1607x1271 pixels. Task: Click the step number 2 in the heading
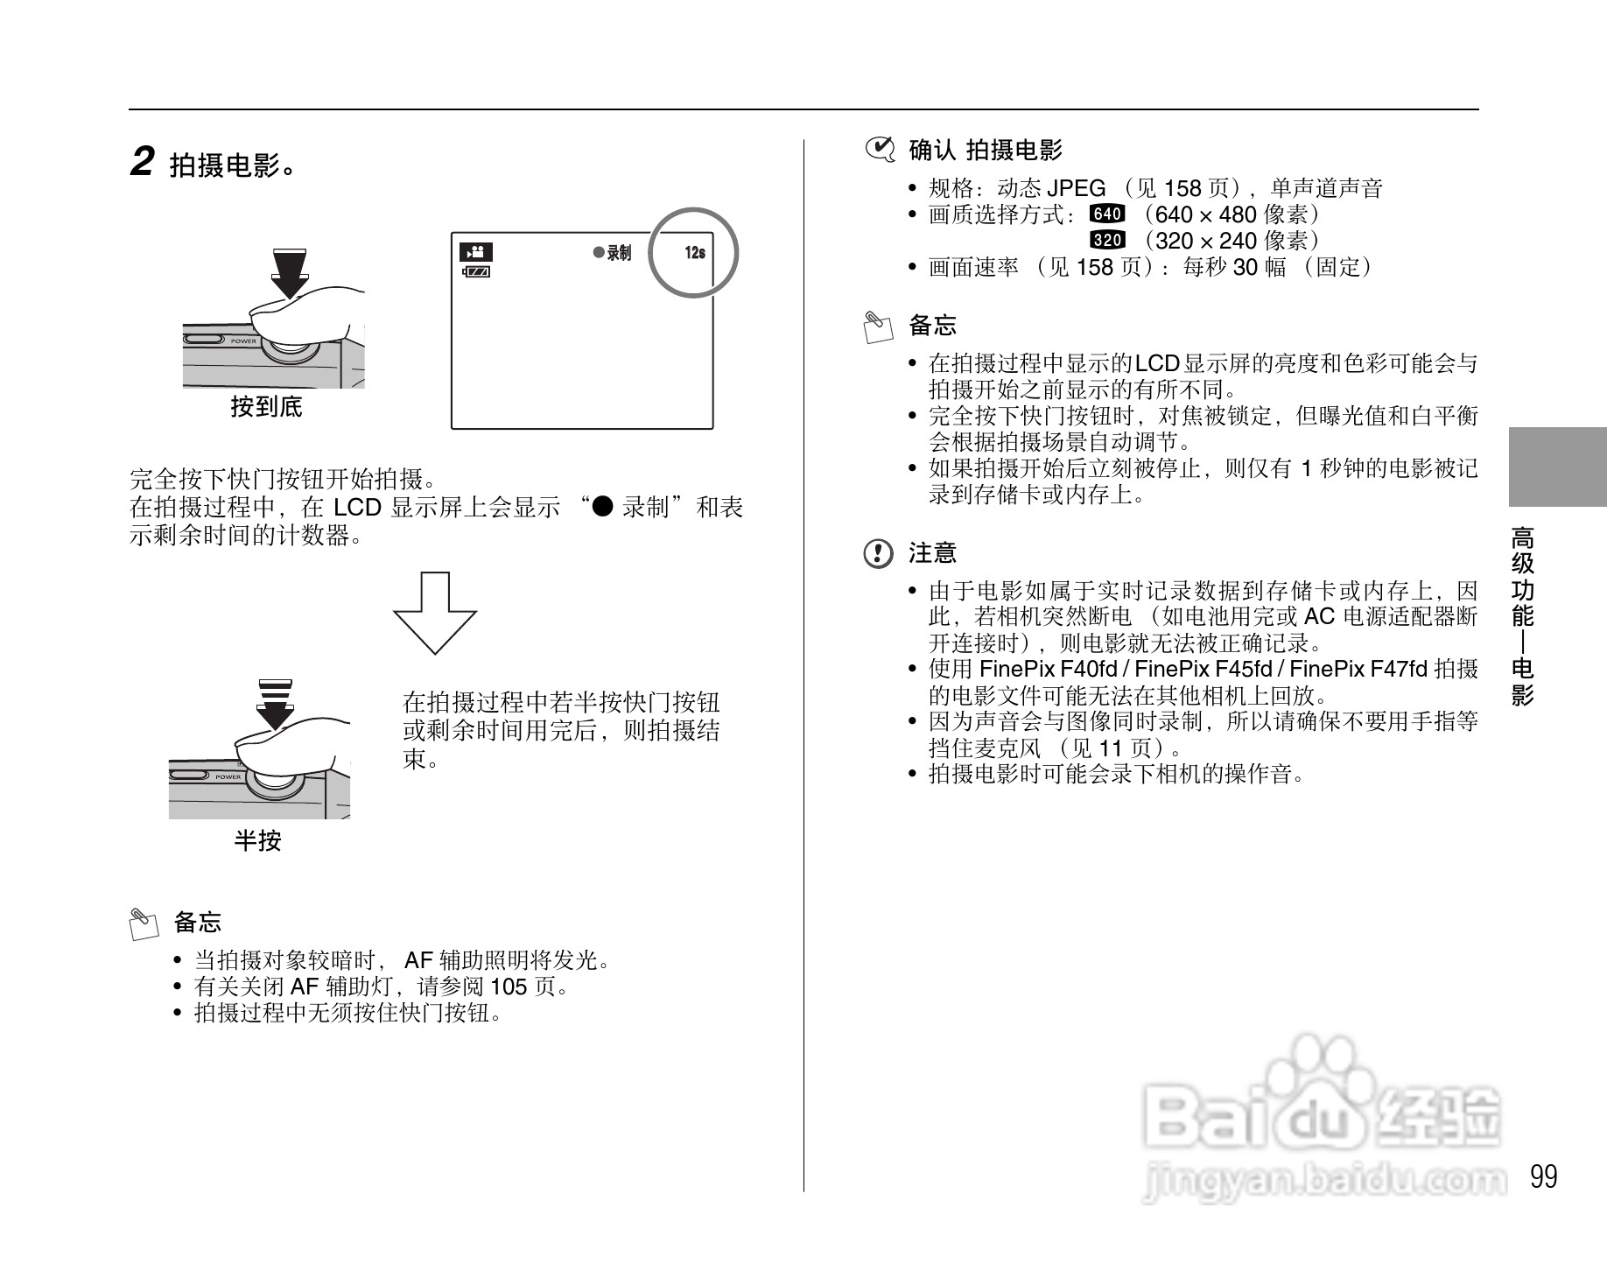[x=142, y=162]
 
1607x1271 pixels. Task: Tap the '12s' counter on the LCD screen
[x=695, y=253]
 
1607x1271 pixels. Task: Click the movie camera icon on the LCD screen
[x=476, y=252]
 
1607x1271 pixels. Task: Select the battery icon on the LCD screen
[x=476, y=272]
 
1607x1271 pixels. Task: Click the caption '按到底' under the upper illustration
[x=266, y=407]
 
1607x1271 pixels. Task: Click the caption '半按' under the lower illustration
[x=257, y=841]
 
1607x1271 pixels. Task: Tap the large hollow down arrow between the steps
[x=435, y=613]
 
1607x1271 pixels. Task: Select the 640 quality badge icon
[x=1107, y=214]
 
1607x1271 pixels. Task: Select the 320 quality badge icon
[x=1107, y=240]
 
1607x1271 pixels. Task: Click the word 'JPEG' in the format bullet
[x=1076, y=188]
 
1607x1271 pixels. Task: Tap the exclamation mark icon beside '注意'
[x=878, y=553]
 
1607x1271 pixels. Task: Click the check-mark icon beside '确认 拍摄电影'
[x=880, y=151]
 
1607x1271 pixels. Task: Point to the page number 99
[x=1544, y=1176]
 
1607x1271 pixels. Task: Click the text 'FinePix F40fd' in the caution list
[x=1048, y=670]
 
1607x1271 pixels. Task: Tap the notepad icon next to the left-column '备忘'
[x=144, y=924]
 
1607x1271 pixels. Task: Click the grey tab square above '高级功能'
[x=1557, y=467]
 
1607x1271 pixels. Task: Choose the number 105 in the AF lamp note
[x=509, y=987]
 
